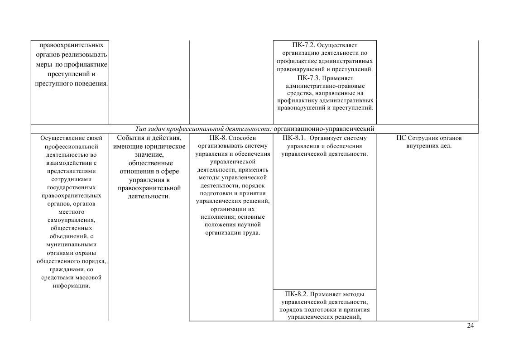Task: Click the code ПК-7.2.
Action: click(303, 45)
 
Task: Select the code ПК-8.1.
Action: click(294, 138)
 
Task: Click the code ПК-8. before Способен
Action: click(218, 138)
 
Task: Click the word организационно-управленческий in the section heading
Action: click(324, 129)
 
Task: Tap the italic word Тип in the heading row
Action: click(141, 129)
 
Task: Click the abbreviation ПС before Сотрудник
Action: click(401, 138)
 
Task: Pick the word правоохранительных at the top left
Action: click(71, 45)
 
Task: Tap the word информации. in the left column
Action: click(72, 286)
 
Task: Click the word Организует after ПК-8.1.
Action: click(327, 138)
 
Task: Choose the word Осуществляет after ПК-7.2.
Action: click(337, 45)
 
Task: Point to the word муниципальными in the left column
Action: click(72, 245)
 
